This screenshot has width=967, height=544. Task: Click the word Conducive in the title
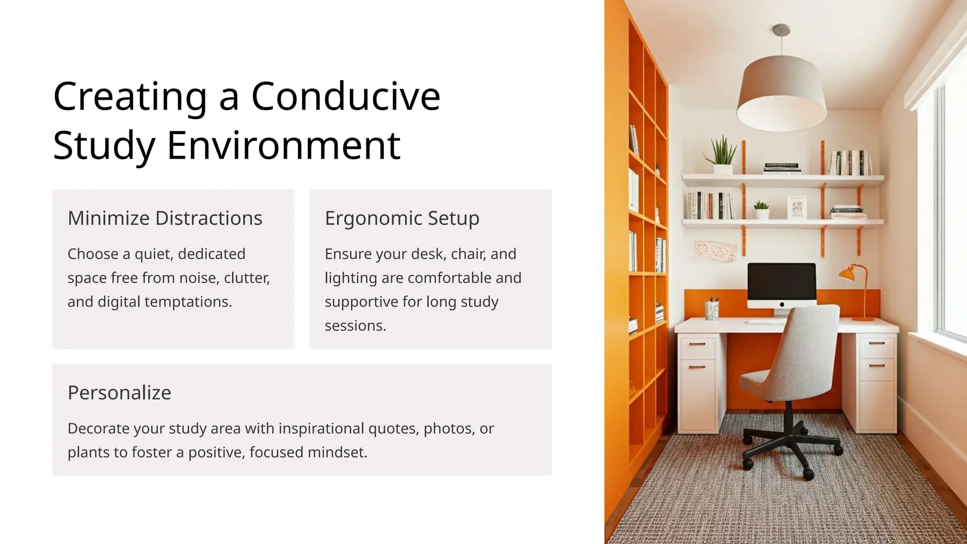346,96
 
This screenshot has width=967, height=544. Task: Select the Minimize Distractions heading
165,218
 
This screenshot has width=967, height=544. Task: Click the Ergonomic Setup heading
402,218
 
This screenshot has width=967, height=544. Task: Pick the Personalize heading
119,392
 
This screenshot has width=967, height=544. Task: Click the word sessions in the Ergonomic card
355,325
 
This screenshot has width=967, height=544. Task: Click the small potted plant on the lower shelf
761,209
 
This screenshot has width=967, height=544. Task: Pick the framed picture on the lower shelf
797,207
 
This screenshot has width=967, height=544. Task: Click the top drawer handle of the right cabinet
876,343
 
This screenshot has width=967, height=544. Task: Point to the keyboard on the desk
765,322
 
